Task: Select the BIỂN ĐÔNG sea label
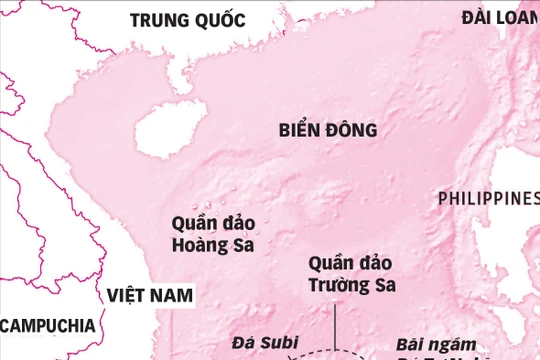(x=327, y=130)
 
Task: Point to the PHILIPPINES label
(x=488, y=199)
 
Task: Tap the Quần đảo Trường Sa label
(x=351, y=274)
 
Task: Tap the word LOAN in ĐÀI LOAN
(x=512, y=17)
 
